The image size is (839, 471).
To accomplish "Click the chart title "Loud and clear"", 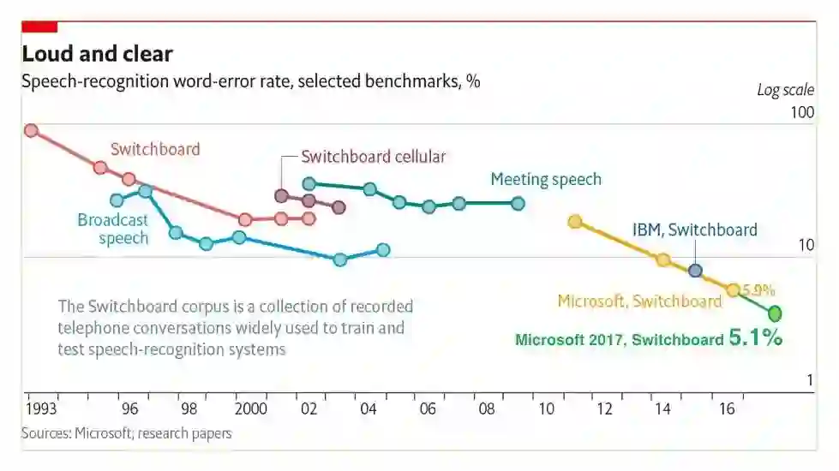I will coord(97,55).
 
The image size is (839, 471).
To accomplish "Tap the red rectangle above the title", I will coord(39,27).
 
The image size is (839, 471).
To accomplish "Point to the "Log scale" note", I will coord(782,90).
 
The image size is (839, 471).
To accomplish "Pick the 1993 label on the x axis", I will coord(41,408).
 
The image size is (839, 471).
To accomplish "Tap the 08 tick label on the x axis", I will coord(486,408).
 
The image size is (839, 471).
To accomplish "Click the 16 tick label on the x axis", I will coord(726,408).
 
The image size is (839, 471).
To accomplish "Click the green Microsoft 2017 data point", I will coord(775,313).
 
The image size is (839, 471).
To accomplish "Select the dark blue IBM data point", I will coord(695,271).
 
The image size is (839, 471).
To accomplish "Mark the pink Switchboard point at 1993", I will coord(31,130).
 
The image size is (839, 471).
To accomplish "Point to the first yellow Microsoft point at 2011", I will coord(575,221).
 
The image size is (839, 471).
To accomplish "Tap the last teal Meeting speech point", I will coord(518,203).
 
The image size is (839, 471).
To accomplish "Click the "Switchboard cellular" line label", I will coord(374,157).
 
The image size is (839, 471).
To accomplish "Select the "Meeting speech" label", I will coord(546,179).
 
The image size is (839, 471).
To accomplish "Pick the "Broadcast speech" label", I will coord(113,229).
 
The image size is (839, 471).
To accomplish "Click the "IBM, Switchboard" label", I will coord(695,230).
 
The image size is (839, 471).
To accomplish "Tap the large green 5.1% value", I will coord(755,337).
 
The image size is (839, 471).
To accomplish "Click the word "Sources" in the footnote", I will coord(45,433).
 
